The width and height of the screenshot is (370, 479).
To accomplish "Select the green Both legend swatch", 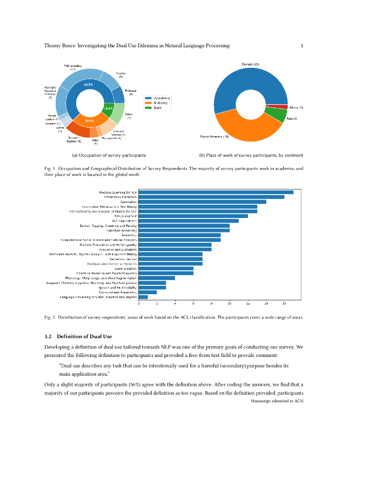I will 147,108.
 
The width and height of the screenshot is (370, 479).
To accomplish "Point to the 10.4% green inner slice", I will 109,109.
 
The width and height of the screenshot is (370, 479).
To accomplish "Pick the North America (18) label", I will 214,137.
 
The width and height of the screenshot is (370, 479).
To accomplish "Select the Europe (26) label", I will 250,64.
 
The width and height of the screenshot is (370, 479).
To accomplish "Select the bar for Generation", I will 203,202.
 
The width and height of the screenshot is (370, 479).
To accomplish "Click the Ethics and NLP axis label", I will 126,216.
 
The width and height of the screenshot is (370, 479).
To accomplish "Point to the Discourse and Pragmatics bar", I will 148,292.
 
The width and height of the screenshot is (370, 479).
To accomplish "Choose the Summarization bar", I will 166,269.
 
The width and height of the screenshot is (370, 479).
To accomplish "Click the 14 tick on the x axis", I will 266,304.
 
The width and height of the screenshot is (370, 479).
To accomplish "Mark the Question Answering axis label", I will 122,230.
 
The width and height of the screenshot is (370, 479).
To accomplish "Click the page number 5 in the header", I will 302,46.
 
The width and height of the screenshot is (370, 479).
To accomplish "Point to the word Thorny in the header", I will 52,46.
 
